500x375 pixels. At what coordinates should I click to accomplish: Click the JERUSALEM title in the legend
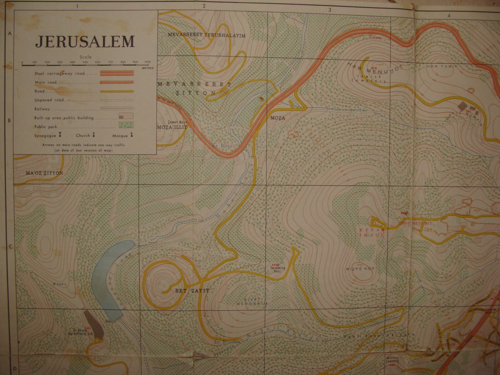[x=85, y=42]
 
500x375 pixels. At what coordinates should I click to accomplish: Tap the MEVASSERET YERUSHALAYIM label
[x=206, y=35]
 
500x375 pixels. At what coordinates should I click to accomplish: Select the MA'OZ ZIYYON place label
[x=45, y=173]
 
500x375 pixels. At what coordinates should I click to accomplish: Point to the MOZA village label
[x=278, y=118]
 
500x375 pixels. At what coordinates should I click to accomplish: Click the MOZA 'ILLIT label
[x=172, y=127]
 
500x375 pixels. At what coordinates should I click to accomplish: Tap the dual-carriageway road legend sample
[x=117, y=73]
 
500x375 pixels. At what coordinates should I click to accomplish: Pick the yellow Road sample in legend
[x=117, y=91]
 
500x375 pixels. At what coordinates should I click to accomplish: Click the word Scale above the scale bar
[x=85, y=57]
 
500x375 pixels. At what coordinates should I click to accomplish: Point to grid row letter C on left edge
[x=10, y=247]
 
